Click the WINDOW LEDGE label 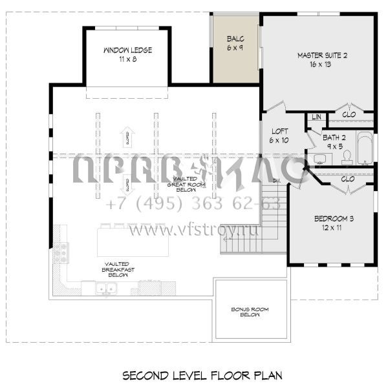[127, 54]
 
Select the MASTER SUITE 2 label [322, 60]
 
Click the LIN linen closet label [316, 117]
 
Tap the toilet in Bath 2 [347, 156]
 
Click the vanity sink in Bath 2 [319, 158]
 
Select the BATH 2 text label [334, 141]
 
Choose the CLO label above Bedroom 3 [347, 178]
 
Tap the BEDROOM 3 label [334, 223]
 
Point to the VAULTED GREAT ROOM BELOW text [182, 184]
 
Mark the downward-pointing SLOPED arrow [127, 184]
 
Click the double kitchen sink [106, 289]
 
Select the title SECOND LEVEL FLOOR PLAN [193, 375]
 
